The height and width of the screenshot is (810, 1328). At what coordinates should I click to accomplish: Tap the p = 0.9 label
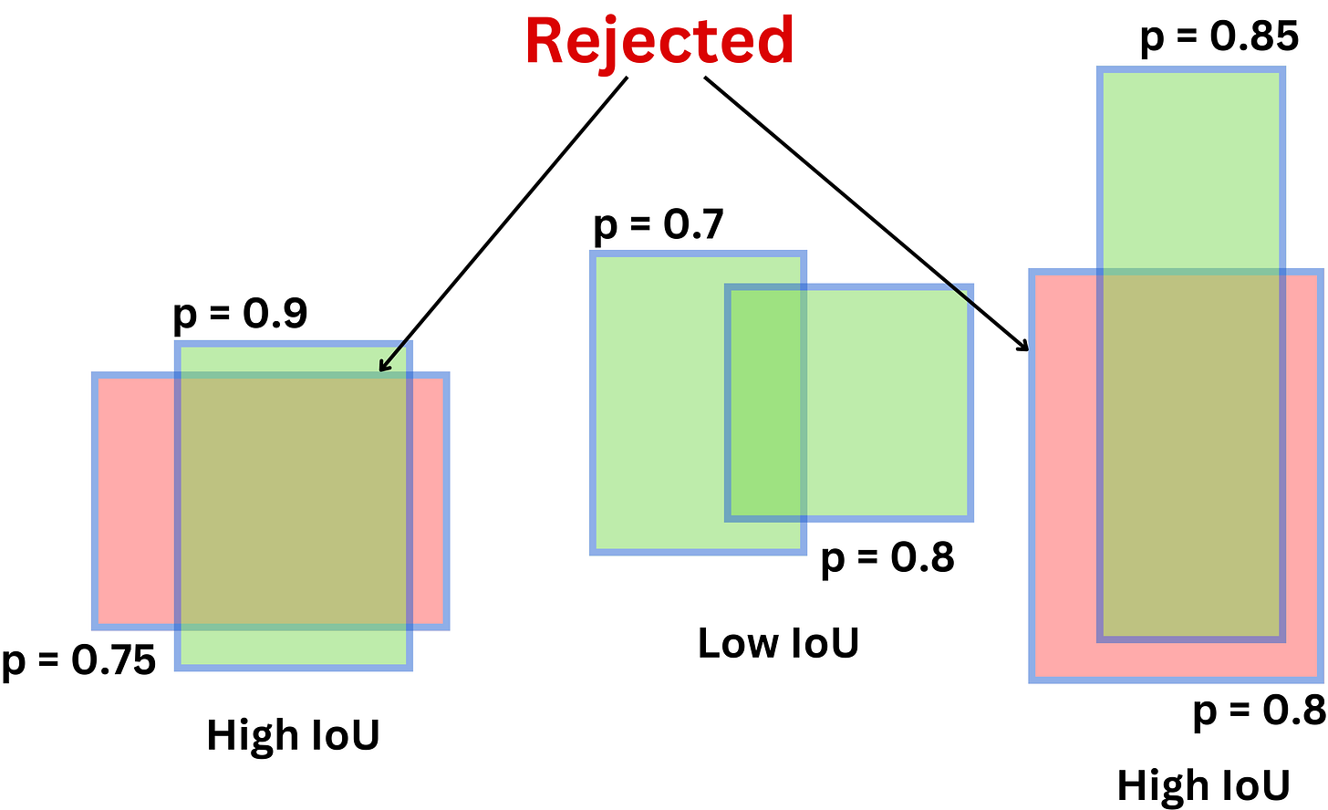pyautogui.click(x=241, y=315)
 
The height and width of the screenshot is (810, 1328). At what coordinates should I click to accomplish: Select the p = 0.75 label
pyautogui.click(x=79, y=659)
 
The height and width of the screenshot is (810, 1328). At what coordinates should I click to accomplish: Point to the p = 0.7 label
pyautogui.click(x=659, y=224)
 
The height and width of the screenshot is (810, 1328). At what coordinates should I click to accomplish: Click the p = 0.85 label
pyautogui.click(x=1219, y=36)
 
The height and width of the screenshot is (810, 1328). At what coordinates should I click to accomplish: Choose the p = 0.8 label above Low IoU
pyautogui.click(x=887, y=558)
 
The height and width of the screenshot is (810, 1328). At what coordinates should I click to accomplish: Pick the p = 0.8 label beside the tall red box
pyautogui.click(x=1259, y=711)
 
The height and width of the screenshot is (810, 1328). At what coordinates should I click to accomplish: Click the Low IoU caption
pyautogui.click(x=778, y=643)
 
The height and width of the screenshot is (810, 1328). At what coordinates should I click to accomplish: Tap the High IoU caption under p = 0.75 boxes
pyautogui.click(x=293, y=734)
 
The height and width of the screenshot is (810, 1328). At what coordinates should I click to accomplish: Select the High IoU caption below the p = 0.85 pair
pyautogui.click(x=1203, y=785)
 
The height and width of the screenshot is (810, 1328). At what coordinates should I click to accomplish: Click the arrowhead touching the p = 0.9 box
pyautogui.click(x=383, y=368)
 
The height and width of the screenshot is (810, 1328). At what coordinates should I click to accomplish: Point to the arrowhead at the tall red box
pyautogui.click(x=1024, y=346)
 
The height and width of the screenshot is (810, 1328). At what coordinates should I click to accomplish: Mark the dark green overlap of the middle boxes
pyautogui.click(x=765, y=404)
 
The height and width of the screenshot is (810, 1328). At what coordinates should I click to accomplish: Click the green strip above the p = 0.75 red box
pyautogui.click(x=293, y=358)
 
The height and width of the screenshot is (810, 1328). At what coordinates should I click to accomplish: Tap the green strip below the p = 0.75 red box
pyautogui.click(x=293, y=647)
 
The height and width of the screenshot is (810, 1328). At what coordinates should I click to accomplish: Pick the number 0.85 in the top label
pyautogui.click(x=1254, y=36)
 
